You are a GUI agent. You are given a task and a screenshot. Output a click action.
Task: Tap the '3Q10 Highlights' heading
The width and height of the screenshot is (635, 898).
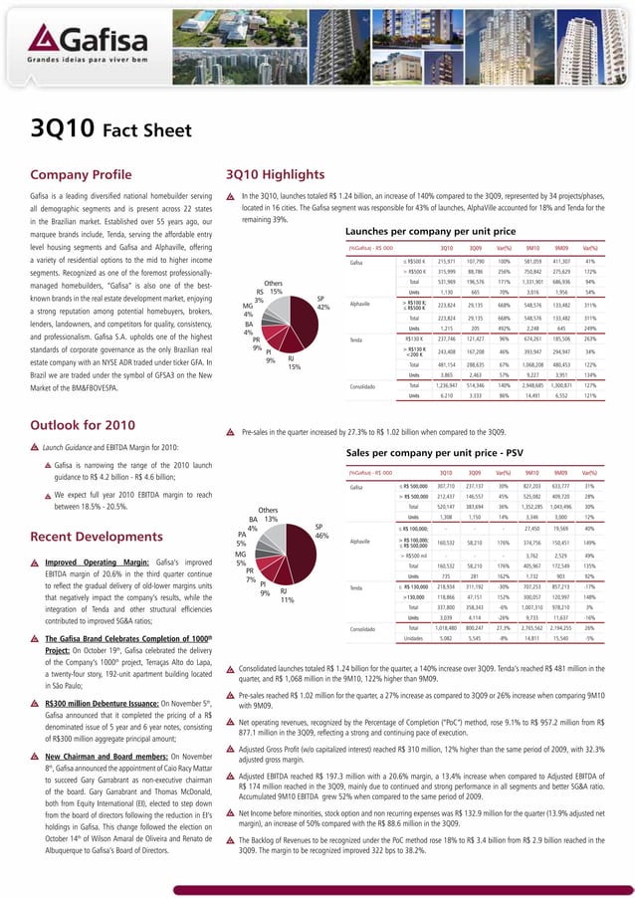(x=281, y=172)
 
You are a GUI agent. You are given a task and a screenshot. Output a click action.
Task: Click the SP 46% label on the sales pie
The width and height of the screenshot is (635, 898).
(x=320, y=531)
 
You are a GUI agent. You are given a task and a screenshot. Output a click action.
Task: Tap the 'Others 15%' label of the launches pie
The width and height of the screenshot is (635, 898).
(x=268, y=286)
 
